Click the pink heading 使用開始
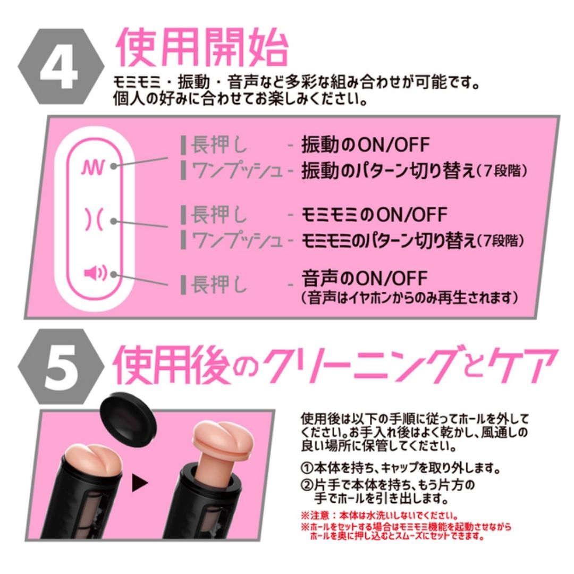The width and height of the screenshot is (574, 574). click(202, 48)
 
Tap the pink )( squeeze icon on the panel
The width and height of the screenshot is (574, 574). click(94, 220)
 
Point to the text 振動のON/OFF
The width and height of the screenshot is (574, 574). click(365, 145)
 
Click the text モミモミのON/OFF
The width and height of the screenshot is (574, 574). click(374, 215)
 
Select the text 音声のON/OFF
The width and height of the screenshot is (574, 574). click(364, 278)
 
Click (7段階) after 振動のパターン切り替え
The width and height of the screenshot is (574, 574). click(502, 171)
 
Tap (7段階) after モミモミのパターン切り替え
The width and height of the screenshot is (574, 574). click(500, 241)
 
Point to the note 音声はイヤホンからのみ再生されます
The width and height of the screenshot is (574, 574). click(410, 297)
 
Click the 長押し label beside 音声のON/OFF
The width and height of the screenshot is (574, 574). click(219, 284)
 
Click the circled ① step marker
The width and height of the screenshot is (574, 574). click(307, 468)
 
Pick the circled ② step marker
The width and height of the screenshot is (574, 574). click(307, 485)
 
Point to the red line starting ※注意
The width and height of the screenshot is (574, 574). click(379, 516)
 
